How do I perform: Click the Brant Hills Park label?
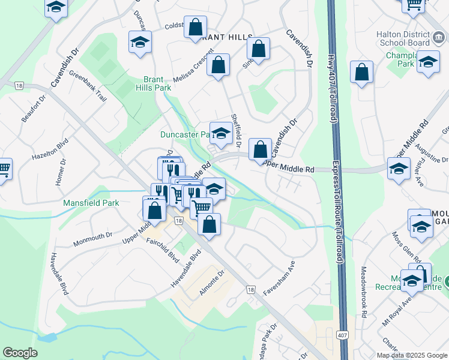click(x=157, y=83)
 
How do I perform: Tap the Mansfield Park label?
click(x=91, y=203)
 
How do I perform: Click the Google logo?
click(x=20, y=353)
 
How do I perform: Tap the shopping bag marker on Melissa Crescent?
click(x=218, y=65)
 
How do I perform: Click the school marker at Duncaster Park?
click(x=221, y=134)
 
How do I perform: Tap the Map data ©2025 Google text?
click(x=411, y=355)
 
